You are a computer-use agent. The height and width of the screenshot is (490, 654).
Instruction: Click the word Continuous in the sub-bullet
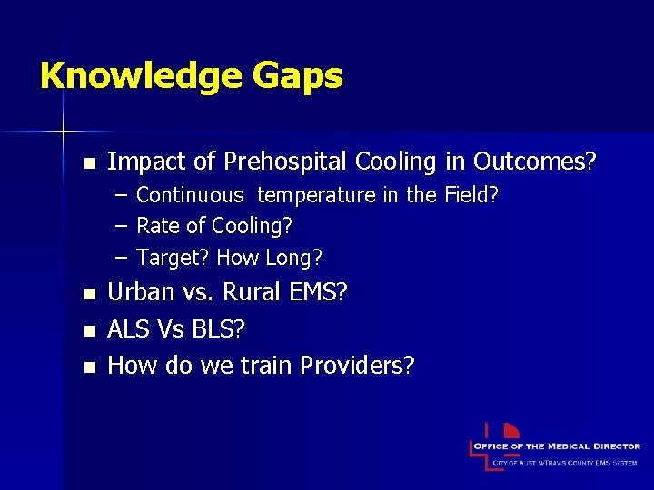pyautogui.click(x=190, y=195)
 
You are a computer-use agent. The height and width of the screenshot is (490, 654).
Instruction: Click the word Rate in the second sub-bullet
pyautogui.click(x=154, y=226)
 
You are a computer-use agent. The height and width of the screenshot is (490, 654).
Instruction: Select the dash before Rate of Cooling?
pyautogui.click(x=121, y=226)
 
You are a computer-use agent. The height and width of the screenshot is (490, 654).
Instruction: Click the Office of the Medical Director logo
pyautogui.click(x=555, y=446)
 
